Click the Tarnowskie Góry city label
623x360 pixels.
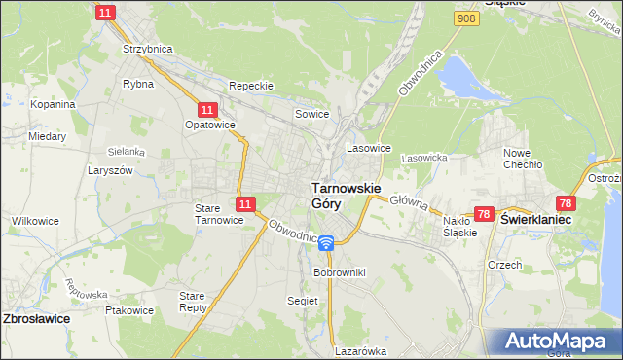pyautogui.click(x=345, y=195)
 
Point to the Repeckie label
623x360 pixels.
pyautogui.click(x=250, y=86)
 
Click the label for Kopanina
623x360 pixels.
pyautogui.click(x=53, y=104)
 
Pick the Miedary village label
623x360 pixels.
pyautogui.click(x=47, y=136)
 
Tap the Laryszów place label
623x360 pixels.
pyautogui.click(x=112, y=169)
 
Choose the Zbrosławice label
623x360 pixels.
pyautogui.click(x=38, y=318)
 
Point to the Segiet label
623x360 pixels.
pyautogui.click(x=302, y=301)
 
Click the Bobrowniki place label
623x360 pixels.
pyautogui.click(x=339, y=273)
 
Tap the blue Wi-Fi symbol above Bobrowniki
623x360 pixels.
pyautogui.click(x=326, y=242)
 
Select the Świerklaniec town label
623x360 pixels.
pyautogui.click(x=535, y=220)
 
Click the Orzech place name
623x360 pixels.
pyautogui.click(x=506, y=264)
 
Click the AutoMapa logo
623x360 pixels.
pyautogui.click(x=556, y=342)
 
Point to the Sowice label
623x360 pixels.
pyautogui.click(x=311, y=115)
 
